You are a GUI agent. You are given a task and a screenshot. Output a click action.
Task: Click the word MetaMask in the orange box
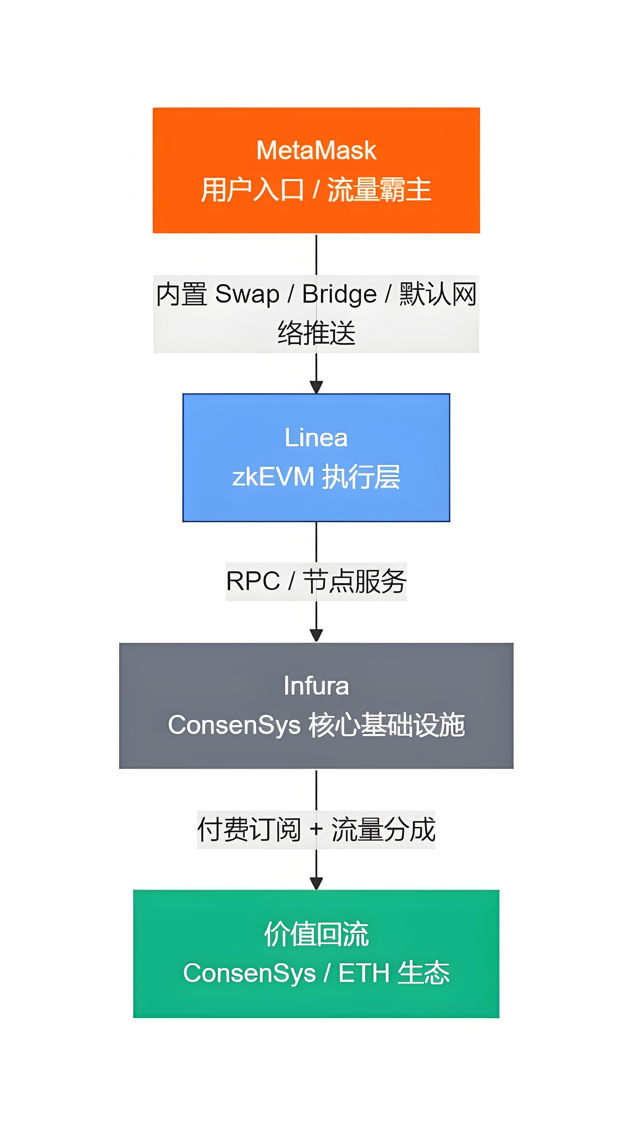pos(316,151)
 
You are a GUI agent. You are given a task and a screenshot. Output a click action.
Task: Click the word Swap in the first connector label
pos(247,294)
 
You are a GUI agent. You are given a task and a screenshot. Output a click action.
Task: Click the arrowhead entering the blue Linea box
pos(316,387)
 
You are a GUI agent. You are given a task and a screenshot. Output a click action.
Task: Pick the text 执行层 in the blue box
pos(361,477)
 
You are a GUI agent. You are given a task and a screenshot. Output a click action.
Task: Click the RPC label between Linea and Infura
pos(253,581)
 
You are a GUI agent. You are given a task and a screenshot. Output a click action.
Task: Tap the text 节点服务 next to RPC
pos(355,581)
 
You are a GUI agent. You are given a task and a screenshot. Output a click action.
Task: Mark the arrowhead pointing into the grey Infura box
pos(316,635)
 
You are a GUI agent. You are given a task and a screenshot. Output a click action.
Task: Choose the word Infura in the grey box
pos(316,686)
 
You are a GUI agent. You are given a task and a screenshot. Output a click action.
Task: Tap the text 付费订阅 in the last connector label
pos(249,830)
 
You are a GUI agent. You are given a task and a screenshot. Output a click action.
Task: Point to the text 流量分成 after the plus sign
pos(383,830)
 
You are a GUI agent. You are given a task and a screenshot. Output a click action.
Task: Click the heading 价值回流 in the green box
pos(316,934)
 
